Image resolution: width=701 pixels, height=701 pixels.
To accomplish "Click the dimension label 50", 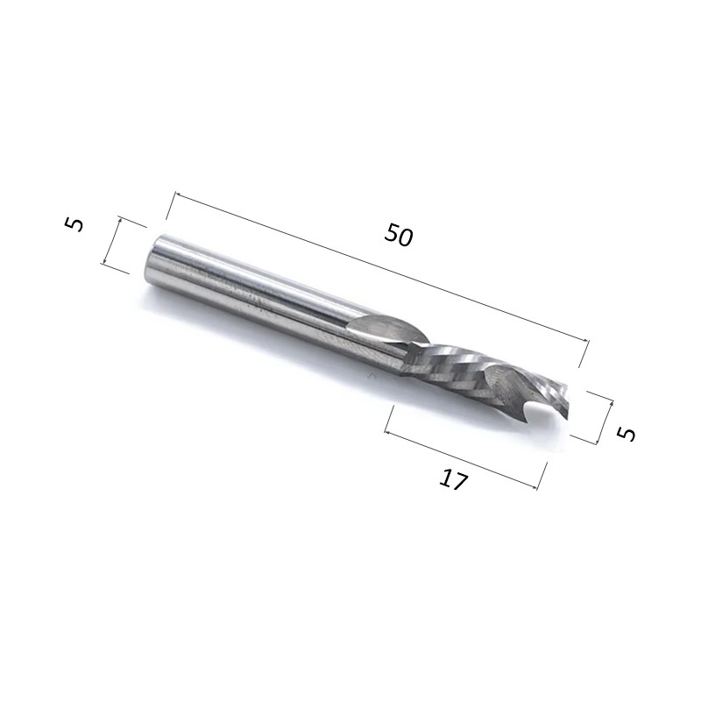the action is pyautogui.click(x=399, y=235).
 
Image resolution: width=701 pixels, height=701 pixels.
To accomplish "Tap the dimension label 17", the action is pyautogui.click(x=453, y=479).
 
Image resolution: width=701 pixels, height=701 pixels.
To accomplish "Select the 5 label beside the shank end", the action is pyautogui.click(x=74, y=224).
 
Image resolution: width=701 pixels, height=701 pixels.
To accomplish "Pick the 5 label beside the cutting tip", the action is pyautogui.click(x=626, y=433).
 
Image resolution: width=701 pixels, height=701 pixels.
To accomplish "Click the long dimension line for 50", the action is pyautogui.click(x=382, y=267).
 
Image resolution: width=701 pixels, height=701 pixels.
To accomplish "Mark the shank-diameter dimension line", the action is pyautogui.click(x=112, y=240).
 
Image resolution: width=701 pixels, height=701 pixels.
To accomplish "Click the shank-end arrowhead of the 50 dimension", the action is pyautogui.click(x=177, y=194).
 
